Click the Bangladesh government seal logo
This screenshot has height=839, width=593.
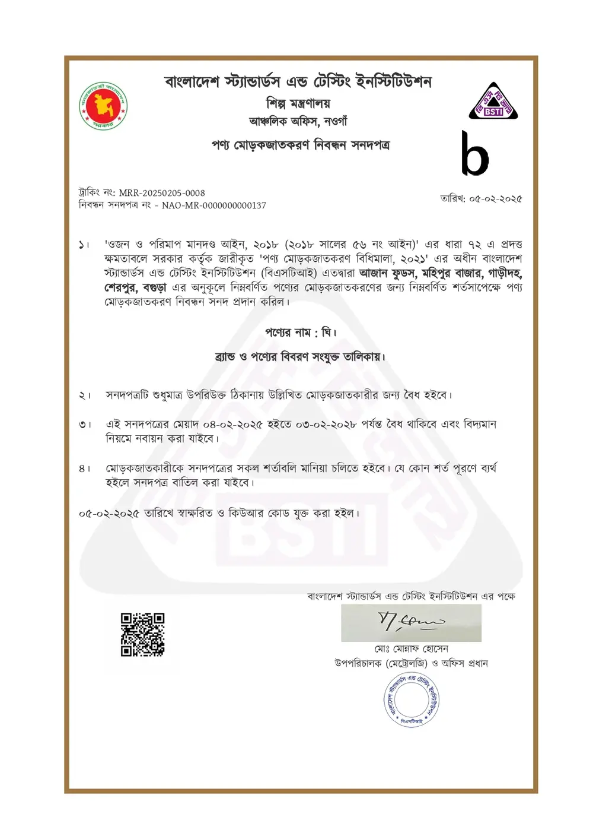(x=104, y=106)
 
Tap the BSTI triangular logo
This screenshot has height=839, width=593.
(x=493, y=102)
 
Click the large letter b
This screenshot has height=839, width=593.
(x=475, y=154)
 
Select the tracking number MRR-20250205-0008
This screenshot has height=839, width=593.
(x=162, y=193)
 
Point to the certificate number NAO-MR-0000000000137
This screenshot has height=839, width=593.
(x=214, y=205)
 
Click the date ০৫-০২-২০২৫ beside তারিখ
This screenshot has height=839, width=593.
(x=496, y=199)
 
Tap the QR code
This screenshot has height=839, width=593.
(x=142, y=635)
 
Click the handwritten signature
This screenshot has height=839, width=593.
(x=411, y=622)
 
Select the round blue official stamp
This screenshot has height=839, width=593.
(x=411, y=699)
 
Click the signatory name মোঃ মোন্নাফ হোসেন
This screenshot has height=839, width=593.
(x=411, y=649)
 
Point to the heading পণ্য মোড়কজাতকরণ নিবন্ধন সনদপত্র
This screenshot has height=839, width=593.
(x=301, y=145)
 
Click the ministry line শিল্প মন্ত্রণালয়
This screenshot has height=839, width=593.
(x=298, y=103)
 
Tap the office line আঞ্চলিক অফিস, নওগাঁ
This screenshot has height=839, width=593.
(x=298, y=122)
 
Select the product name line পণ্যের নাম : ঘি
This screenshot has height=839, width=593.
(x=301, y=333)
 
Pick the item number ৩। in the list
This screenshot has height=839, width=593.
(x=85, y=425)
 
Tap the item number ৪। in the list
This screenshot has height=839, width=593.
(x=85, y=469)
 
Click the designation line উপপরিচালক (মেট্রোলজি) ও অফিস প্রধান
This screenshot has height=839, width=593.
(x=411, y=664)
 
